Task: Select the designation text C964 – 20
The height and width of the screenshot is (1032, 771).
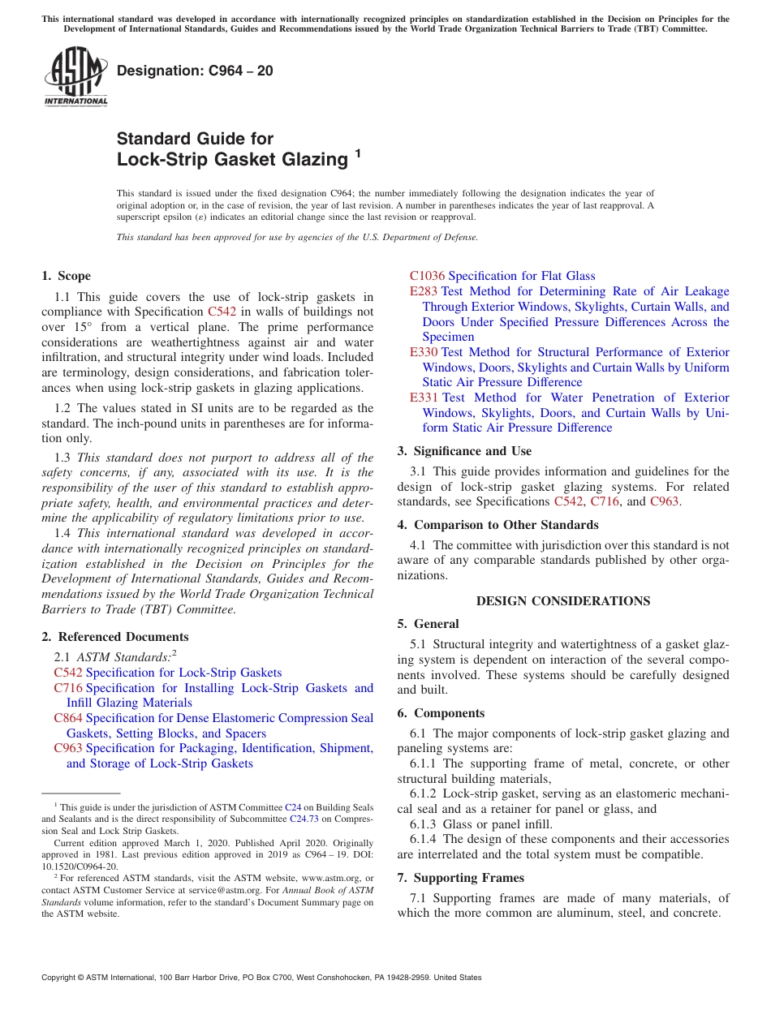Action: tap(195, 71)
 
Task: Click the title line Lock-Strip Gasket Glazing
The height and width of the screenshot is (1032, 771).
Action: tap(231, 160)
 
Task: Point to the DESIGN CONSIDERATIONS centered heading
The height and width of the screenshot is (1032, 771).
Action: tap(562, 601)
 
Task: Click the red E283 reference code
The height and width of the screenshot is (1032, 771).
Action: tap(424, 291)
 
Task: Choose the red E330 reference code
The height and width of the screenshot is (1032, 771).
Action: tap(424, 352)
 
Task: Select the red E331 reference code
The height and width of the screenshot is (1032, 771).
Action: tap(424, 398)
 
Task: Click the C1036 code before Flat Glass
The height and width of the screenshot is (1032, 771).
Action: tap(427, 276)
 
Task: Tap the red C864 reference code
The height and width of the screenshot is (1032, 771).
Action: tap(68, 718)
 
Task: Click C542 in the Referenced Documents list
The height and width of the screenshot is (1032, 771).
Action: tap(68, 673)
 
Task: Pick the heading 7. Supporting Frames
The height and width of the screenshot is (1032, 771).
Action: tap(460, 878)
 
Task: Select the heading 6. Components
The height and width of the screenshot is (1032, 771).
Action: tap(441, 713)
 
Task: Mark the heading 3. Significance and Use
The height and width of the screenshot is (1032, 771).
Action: tap(464, 451)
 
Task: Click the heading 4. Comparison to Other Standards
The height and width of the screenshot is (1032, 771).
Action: tap(497, 525)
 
